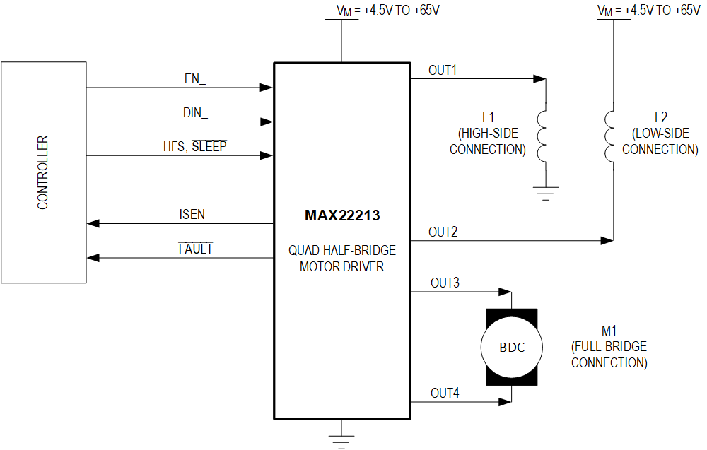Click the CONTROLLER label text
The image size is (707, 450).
pos(43,172)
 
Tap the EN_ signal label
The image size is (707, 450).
pos(195,78)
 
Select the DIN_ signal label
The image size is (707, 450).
pos(195,112)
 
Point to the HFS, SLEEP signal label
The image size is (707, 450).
pos(195,146)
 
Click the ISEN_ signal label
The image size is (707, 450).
pos(196,215)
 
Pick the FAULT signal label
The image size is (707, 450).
pos(196,249)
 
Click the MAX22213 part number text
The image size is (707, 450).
pos(342,215)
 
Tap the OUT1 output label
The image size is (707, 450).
pos(443,71)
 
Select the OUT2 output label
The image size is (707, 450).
pos(443,232)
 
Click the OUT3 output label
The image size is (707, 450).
pos(445,283)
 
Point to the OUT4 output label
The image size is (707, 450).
pos(445,393)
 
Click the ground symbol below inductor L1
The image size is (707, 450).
pos(545,193)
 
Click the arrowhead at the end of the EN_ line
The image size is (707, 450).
pos(267,88)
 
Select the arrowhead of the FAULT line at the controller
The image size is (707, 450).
pos(93,258)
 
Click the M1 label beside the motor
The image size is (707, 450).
pos(609,331)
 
